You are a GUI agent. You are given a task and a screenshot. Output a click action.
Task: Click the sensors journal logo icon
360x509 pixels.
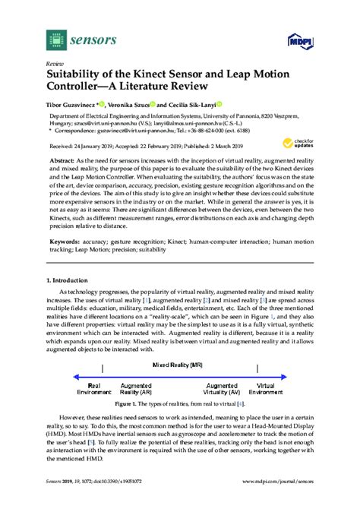(x=55, y=36)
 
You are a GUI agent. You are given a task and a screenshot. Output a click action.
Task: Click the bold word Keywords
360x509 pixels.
(x=65, y=241)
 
